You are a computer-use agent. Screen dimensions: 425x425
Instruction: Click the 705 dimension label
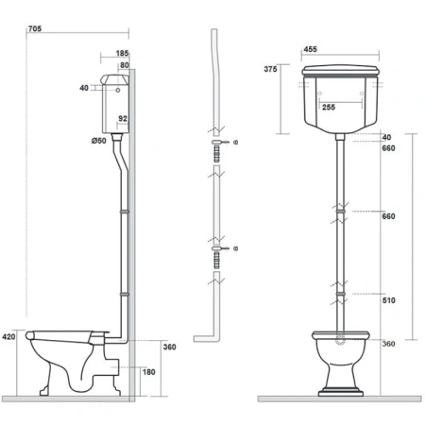[35, 28]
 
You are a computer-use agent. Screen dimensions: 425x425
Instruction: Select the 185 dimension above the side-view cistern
[122, 53]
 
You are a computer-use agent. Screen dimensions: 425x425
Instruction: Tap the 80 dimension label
[125, 65]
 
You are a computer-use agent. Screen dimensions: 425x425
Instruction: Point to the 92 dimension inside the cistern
[123, 118]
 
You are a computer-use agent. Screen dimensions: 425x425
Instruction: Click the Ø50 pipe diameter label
[99, 141]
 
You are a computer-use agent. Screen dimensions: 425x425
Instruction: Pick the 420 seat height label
[8, 337]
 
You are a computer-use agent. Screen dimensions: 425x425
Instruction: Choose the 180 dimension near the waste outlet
[149, 372]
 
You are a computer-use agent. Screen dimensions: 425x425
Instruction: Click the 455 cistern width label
[311, 49]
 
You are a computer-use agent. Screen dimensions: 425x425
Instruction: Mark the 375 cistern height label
[270, 69]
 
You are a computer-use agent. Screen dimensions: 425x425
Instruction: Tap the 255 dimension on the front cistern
[329, 108]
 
